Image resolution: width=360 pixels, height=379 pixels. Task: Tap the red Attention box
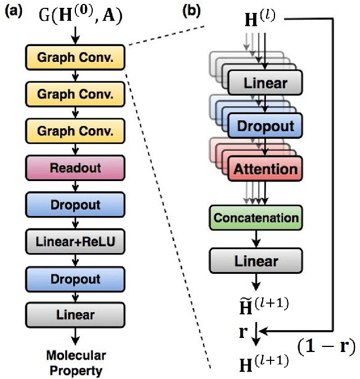pos(265,169)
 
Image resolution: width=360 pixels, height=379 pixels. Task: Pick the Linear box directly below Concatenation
pos(256,261)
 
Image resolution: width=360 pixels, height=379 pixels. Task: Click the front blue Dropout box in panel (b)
pos(265,127)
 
